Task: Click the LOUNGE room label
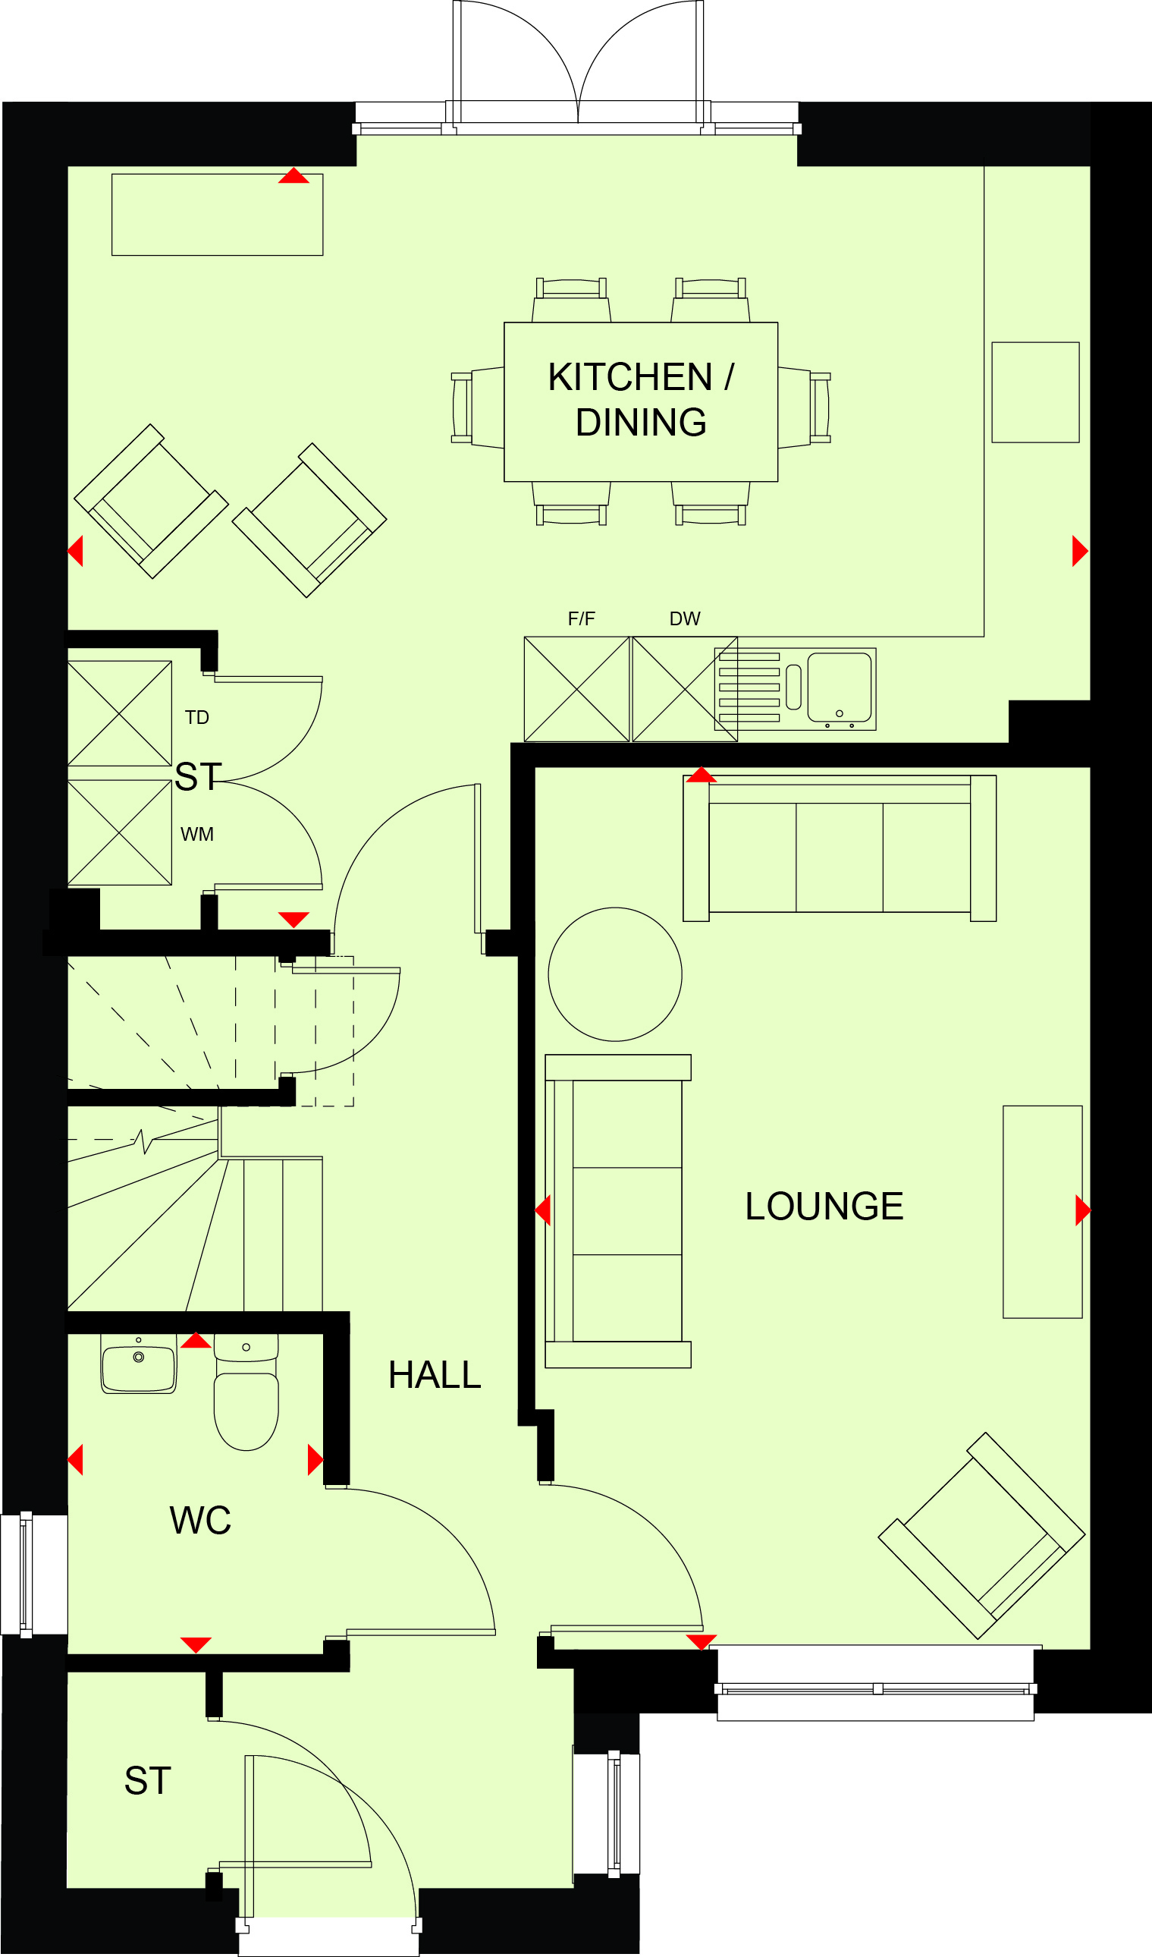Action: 824,1207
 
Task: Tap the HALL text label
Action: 435,1375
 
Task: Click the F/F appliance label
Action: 582,619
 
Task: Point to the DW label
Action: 685,619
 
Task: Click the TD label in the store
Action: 197,718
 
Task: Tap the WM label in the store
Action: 197,835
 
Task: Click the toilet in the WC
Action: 246,1392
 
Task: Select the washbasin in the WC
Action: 139,1364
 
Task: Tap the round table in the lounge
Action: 615,974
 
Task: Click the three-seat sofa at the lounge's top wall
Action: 839,848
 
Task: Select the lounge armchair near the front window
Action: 982,1536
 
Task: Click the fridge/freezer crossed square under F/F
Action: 577,690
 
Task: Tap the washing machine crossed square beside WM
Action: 120,832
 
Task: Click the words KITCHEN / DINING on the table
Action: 641,400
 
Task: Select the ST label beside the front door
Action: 147,1781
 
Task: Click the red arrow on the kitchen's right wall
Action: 1080,551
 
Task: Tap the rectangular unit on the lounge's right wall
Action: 1043,1213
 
